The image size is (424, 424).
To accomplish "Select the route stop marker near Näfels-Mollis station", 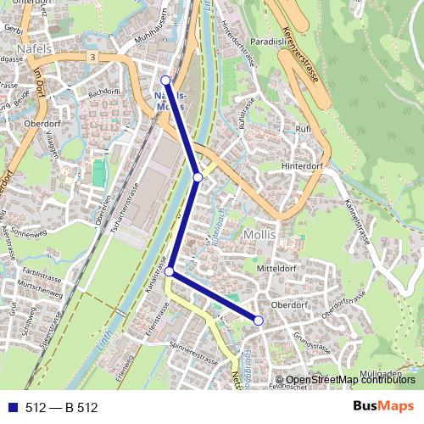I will (x=165, y=81).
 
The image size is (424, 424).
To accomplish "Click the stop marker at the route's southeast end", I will (x=259, y=320).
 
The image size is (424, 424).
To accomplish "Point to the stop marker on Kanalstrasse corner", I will (x=170, y=271).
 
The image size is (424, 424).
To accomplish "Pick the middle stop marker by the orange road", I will (x=198, y=177).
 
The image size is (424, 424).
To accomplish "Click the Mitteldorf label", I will (x=274, y=268).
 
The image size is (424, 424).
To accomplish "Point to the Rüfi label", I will (x=303, y=128).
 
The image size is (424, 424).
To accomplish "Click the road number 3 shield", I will (x=90, y=56).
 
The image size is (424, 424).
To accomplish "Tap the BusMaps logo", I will (x=383, y=407).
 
